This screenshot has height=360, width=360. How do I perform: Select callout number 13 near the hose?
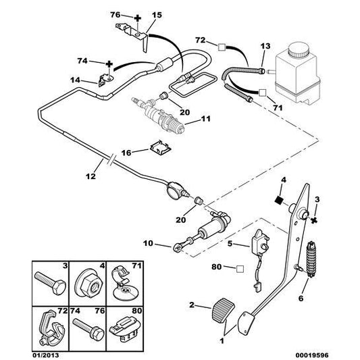click(264, 45)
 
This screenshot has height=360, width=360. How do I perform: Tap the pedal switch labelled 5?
click(259, 240)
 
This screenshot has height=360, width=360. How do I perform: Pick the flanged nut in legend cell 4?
click(87, 283)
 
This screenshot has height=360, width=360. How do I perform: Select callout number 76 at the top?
click(114, 14)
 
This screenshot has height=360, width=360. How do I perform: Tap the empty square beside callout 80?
click(238, 268)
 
